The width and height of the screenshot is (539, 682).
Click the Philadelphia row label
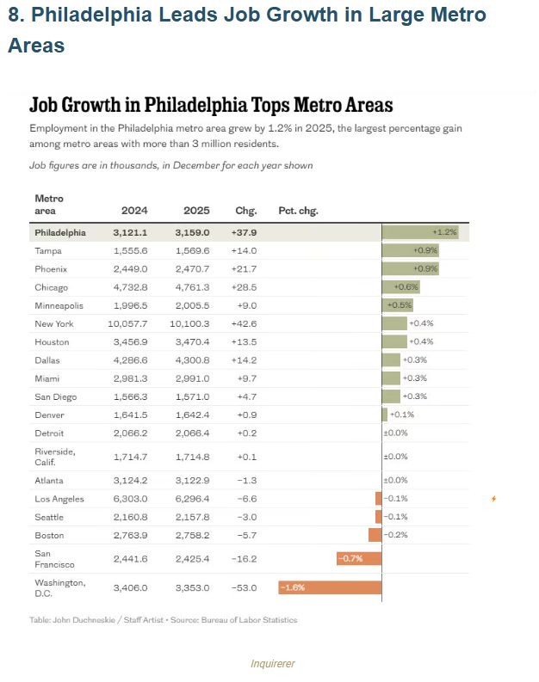60,232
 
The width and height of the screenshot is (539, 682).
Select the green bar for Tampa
410,250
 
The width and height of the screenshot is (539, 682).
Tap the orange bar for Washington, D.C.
330,587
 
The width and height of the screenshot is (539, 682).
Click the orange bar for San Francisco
358,559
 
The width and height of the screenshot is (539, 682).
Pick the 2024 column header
134,211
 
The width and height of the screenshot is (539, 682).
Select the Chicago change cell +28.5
246,287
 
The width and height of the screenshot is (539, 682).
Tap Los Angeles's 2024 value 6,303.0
131,499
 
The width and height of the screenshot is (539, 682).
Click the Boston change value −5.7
246,535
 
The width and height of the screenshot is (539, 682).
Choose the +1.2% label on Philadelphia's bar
444,232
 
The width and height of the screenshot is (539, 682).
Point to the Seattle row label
49,517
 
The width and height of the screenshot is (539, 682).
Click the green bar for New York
394,324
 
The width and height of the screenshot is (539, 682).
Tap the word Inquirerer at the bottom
272,664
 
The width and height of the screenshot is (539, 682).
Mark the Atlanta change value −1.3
246,481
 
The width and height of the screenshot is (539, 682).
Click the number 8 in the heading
14,15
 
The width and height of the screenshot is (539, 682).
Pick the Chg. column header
246,211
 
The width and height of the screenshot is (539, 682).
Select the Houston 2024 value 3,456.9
131,342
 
